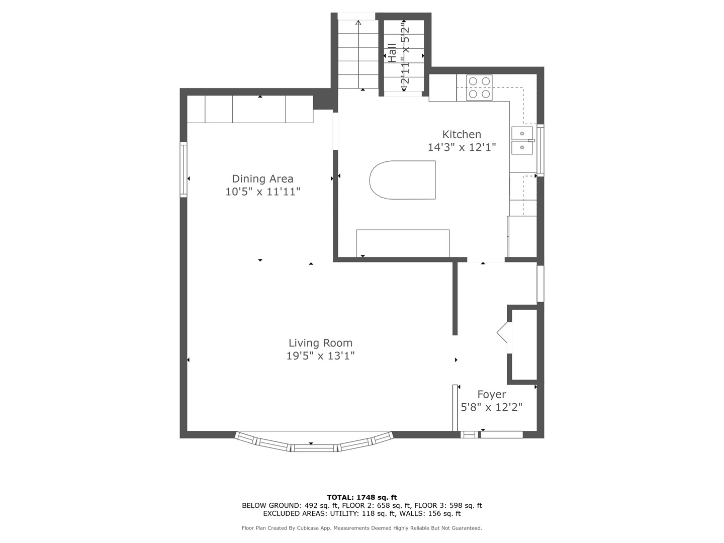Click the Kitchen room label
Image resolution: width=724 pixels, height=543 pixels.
(x=462, y=135)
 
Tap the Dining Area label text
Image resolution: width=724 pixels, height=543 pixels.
(x=262, y=179)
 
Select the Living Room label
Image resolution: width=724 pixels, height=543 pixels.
(x=320, y=343)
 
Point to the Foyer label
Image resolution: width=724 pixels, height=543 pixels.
(x=491, y=395)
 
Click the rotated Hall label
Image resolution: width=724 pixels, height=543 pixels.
(x=392, y=53)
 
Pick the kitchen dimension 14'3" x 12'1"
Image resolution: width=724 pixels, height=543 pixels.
(x=462, y=147)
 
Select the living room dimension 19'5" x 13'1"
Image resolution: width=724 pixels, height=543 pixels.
(x=320, y=356)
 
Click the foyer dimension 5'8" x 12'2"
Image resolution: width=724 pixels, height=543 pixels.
(x=491, y=407)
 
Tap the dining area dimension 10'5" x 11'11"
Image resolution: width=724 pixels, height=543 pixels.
(x=262, y=192)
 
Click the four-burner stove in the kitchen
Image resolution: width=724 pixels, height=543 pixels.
(x=479, y=87)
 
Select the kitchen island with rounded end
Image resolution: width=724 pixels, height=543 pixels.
(x=402, y=180)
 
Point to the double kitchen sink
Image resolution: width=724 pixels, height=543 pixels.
(x=522, y=140)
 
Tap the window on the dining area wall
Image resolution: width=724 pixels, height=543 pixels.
(x=184, y=169)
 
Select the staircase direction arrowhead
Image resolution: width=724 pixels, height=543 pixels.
(x=358, y=23)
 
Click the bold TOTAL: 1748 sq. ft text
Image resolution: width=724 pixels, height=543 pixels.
(x=362, y=497)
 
